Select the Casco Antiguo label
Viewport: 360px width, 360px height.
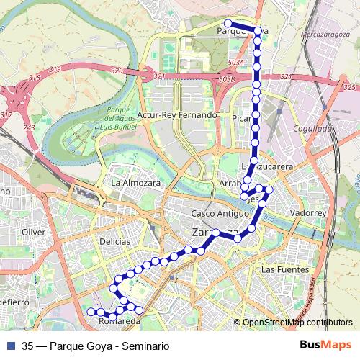click(x=215, y=215)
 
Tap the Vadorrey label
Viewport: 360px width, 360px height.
click(x=307, y=214)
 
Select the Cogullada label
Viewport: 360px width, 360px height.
click(x=311, y=128)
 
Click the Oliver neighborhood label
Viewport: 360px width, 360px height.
click(x=34, y=232)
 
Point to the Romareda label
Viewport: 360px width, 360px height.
click(x=120, y=321)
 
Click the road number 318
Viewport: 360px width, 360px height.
click(x=33, y=78)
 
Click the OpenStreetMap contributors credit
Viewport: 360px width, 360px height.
click(x=297, y=323)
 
